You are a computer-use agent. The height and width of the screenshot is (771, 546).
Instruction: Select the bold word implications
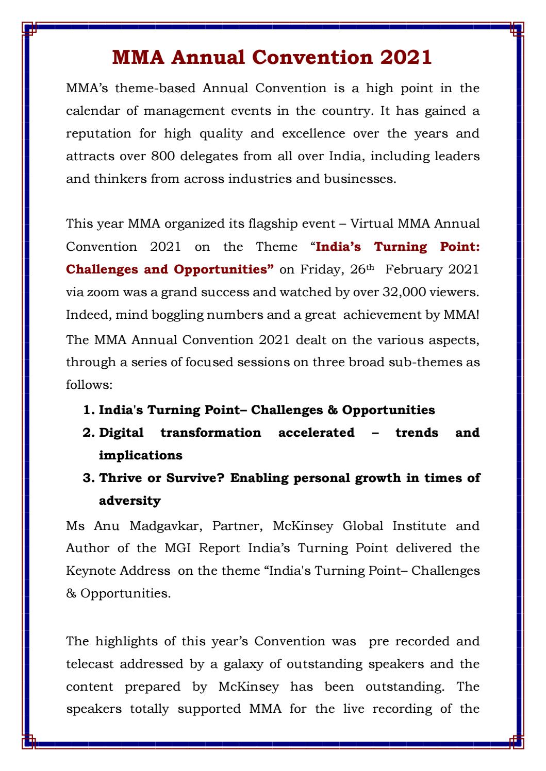click(x=140, y=455)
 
